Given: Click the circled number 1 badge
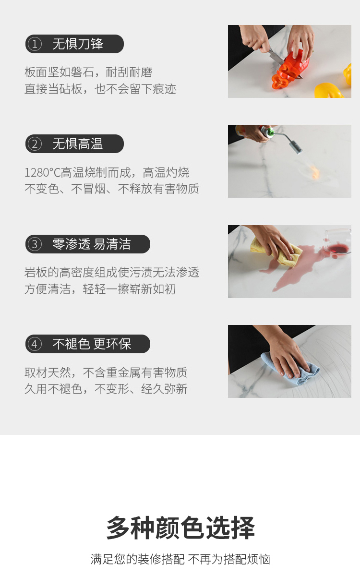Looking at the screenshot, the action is pyautogui.click(x=35, y=44).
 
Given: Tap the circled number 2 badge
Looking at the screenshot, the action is pyautogui.click(x=35, y=144).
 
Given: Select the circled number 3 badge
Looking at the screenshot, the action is pyautogui.click(x=35, y=244).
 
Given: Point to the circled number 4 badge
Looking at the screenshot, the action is pyautogui.click(x=35, y=344).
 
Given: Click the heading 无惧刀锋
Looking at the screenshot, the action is pyautogui.click(x=78, y=44).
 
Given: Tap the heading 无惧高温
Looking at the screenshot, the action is pyautogui.click(x=78, y=144).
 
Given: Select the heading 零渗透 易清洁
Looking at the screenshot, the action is pyautogui.click(x=92, y=244).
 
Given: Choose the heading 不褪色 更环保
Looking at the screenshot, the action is pyautogui.click(x=92, y=344).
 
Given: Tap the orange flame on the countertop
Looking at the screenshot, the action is pyautogui.click(x=314, y=172).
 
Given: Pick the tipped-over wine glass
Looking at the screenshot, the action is pyautogui.click(x=337, y=242).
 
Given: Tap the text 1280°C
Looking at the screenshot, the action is pyautogui.click(x=42, y=172).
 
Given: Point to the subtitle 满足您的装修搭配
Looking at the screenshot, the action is pyautogui.click(x=137, y=559).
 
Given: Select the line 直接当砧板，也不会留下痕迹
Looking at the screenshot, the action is pyautogui.click(x=100, y=89).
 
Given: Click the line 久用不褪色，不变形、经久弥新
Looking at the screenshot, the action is pyautogui.click(x=106, y=389).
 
